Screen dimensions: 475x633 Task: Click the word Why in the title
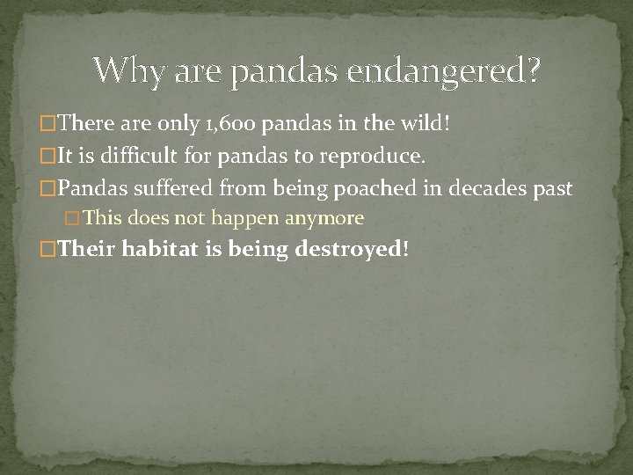(127, 69)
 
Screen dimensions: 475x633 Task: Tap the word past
(551, 188)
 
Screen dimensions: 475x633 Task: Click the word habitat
(162, 249)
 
